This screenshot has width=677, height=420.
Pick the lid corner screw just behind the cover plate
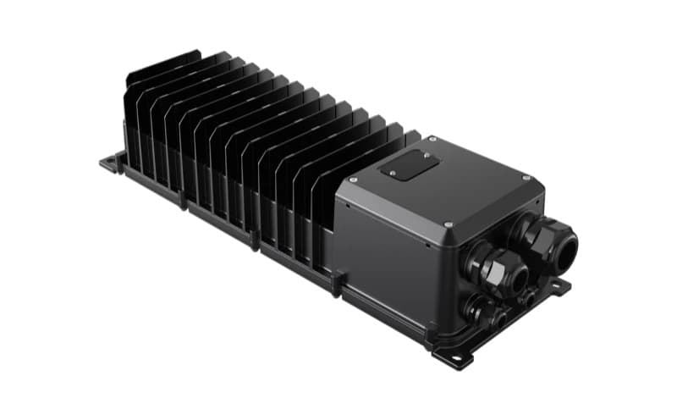(x=432, y=138)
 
